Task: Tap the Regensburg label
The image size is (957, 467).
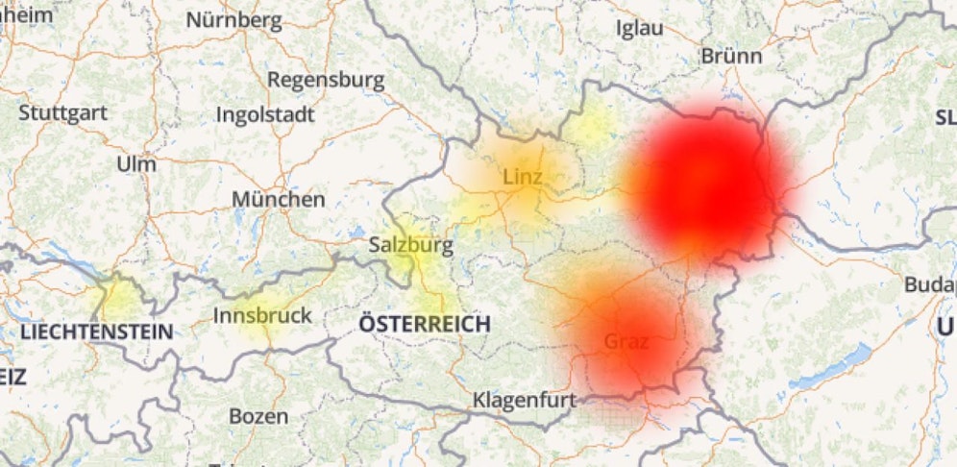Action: [326, 80]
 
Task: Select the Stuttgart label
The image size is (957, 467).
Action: [62, 112]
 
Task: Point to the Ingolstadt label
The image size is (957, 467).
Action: [266, 115]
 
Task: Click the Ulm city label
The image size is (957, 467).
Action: [135, 164]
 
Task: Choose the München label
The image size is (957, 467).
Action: [278, 200]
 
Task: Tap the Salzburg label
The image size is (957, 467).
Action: [410, 246]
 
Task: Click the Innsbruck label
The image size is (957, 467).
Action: [262, 315]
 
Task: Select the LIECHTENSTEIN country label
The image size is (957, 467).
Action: [97, 332]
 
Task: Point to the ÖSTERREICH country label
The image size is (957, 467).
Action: [424, 324]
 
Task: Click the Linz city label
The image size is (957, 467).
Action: [523, 177]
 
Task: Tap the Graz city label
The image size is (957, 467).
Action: [626, 341]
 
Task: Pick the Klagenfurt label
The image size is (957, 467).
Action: [524, 399]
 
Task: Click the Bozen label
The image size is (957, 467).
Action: [258, 417]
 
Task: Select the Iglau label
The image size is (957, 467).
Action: [640, 29]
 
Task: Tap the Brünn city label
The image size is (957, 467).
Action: [731, 57]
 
